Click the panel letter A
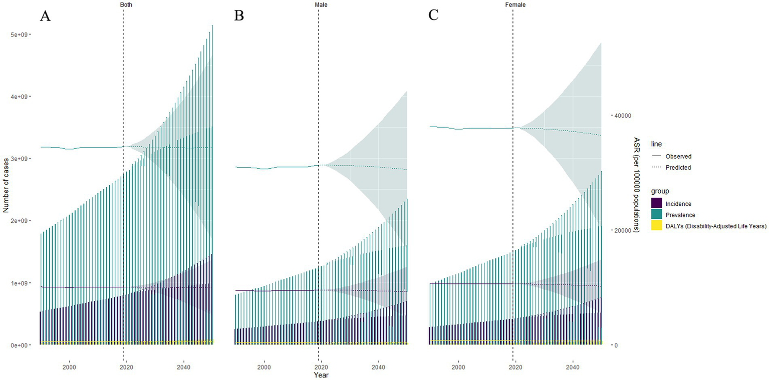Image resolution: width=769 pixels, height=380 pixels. pos(46,16)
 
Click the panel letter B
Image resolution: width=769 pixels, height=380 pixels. pos(239,16)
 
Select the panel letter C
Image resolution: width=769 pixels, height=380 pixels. pos(433,16)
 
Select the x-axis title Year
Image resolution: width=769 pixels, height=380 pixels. pos(321,374)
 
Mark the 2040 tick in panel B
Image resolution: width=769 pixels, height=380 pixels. pos(379,353)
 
